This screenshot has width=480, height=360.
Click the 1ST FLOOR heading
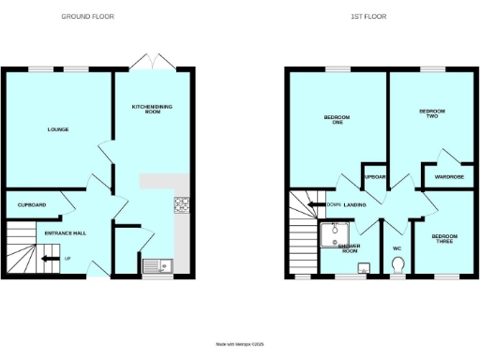tap(367, 17)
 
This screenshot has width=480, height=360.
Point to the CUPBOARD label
tap(32, 204)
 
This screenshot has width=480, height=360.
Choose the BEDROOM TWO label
tap(431, 112)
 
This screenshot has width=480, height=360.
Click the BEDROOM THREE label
tap(445, 238)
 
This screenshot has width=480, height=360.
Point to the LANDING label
tap(354, 204)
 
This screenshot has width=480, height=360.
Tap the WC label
tap(397, 248)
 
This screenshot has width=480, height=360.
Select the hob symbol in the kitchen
tap(181, 204)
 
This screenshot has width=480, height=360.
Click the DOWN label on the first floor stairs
tap(333, 204)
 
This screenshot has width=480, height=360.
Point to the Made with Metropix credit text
tap(239, 344)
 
